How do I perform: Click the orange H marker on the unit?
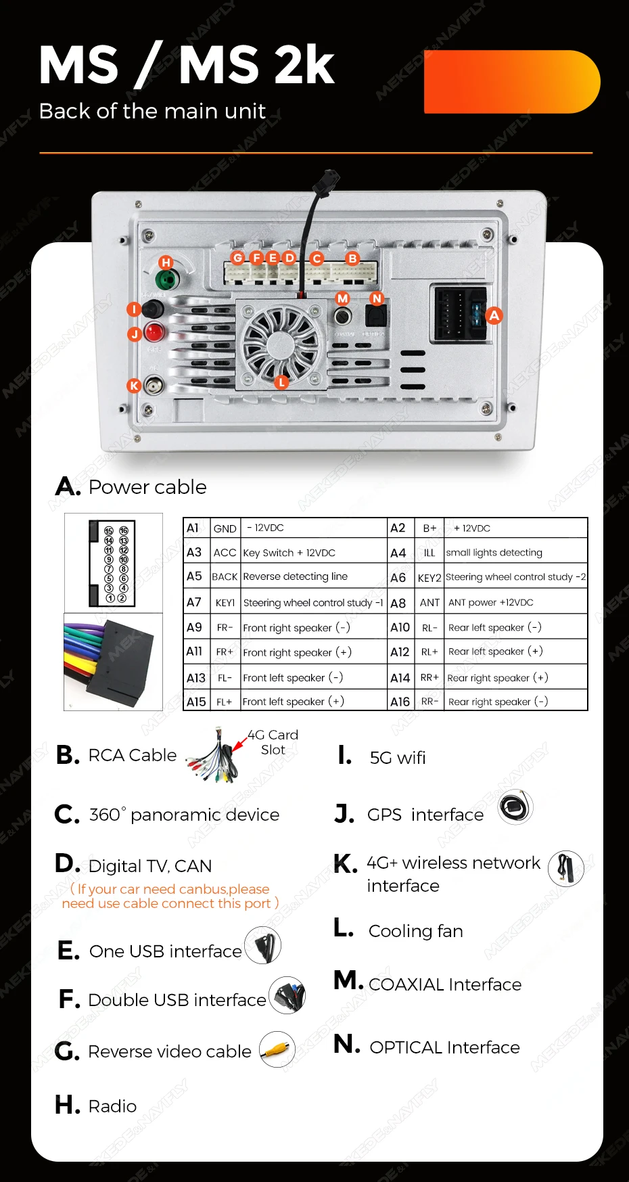(166, 263)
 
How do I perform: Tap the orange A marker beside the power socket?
(494, 315)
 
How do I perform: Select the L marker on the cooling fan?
(281, 382)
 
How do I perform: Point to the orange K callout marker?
(134, 386)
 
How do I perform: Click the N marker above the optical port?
(377, 298)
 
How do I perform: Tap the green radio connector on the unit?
(166, 279)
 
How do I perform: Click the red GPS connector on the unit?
(154, 332)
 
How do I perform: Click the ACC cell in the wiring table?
(225, 552)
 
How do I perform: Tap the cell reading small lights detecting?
(515, 552)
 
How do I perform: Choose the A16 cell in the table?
(400, 702)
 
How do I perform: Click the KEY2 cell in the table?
(429, 577)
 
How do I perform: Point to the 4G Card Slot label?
(273, 742)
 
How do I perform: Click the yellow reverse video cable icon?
(277, 1049)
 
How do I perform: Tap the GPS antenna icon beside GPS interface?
(516, 806)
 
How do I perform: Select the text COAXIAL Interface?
(445, 984)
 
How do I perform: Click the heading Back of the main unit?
(152, 111)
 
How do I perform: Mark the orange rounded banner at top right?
(512, 82)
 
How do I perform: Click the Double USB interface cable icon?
(287, 996)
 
